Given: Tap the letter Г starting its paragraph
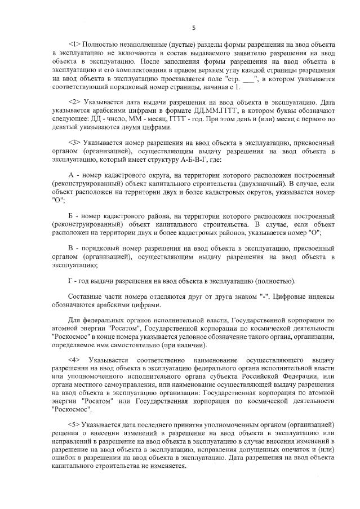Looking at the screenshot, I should pos(69,281).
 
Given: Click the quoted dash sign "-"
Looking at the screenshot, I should pos(263,295).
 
